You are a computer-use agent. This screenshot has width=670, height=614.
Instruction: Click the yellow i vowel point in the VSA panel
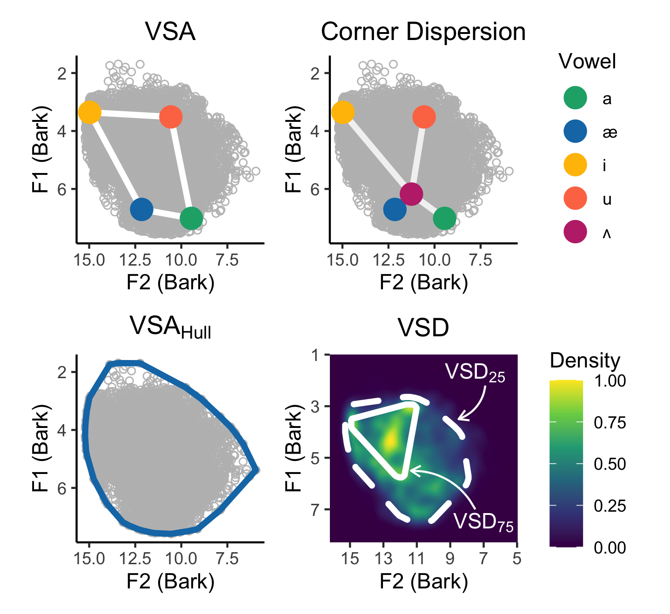coord(90,112)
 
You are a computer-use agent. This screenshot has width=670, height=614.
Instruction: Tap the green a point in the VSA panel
coord(191,218)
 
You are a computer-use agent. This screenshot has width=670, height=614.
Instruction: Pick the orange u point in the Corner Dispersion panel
coord(424,116)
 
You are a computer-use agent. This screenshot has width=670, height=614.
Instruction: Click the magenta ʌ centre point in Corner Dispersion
coord(411,194)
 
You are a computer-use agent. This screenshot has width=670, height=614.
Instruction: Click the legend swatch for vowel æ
coord(575,132)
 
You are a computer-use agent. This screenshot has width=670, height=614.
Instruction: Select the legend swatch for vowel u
coord(575,199)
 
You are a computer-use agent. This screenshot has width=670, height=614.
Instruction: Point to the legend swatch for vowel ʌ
coord(575,232)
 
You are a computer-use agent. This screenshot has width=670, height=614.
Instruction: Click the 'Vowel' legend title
coord(587,61)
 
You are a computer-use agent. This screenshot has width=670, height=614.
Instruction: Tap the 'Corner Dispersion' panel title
coord(423,32)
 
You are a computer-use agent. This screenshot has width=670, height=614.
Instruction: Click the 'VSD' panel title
coord(423,328)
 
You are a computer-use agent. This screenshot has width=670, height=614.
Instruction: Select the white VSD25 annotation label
coord(475,373)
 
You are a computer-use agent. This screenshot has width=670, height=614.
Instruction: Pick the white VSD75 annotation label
coord(483,522)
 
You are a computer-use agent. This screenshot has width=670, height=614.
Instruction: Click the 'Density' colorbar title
coord(584,360)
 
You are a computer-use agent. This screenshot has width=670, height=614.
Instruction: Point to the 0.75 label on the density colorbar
coord(610,423)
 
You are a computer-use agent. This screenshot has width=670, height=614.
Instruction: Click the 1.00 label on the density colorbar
coord(610,381)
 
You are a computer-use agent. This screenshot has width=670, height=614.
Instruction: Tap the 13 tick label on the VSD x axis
coord(383,558)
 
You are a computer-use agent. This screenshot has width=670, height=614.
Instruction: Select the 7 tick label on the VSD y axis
coord(315,510)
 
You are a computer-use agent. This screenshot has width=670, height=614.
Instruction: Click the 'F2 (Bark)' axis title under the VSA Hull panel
coord(170,581)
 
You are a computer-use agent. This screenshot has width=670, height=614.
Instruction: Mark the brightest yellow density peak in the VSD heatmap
coord(391,438)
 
